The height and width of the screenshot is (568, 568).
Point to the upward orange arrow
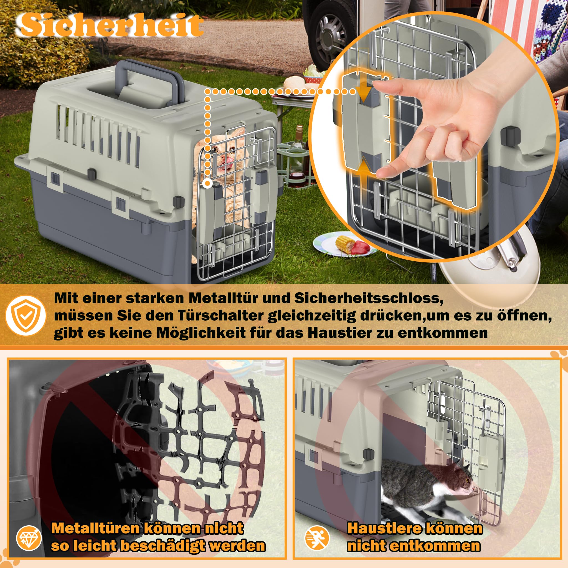363,166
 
